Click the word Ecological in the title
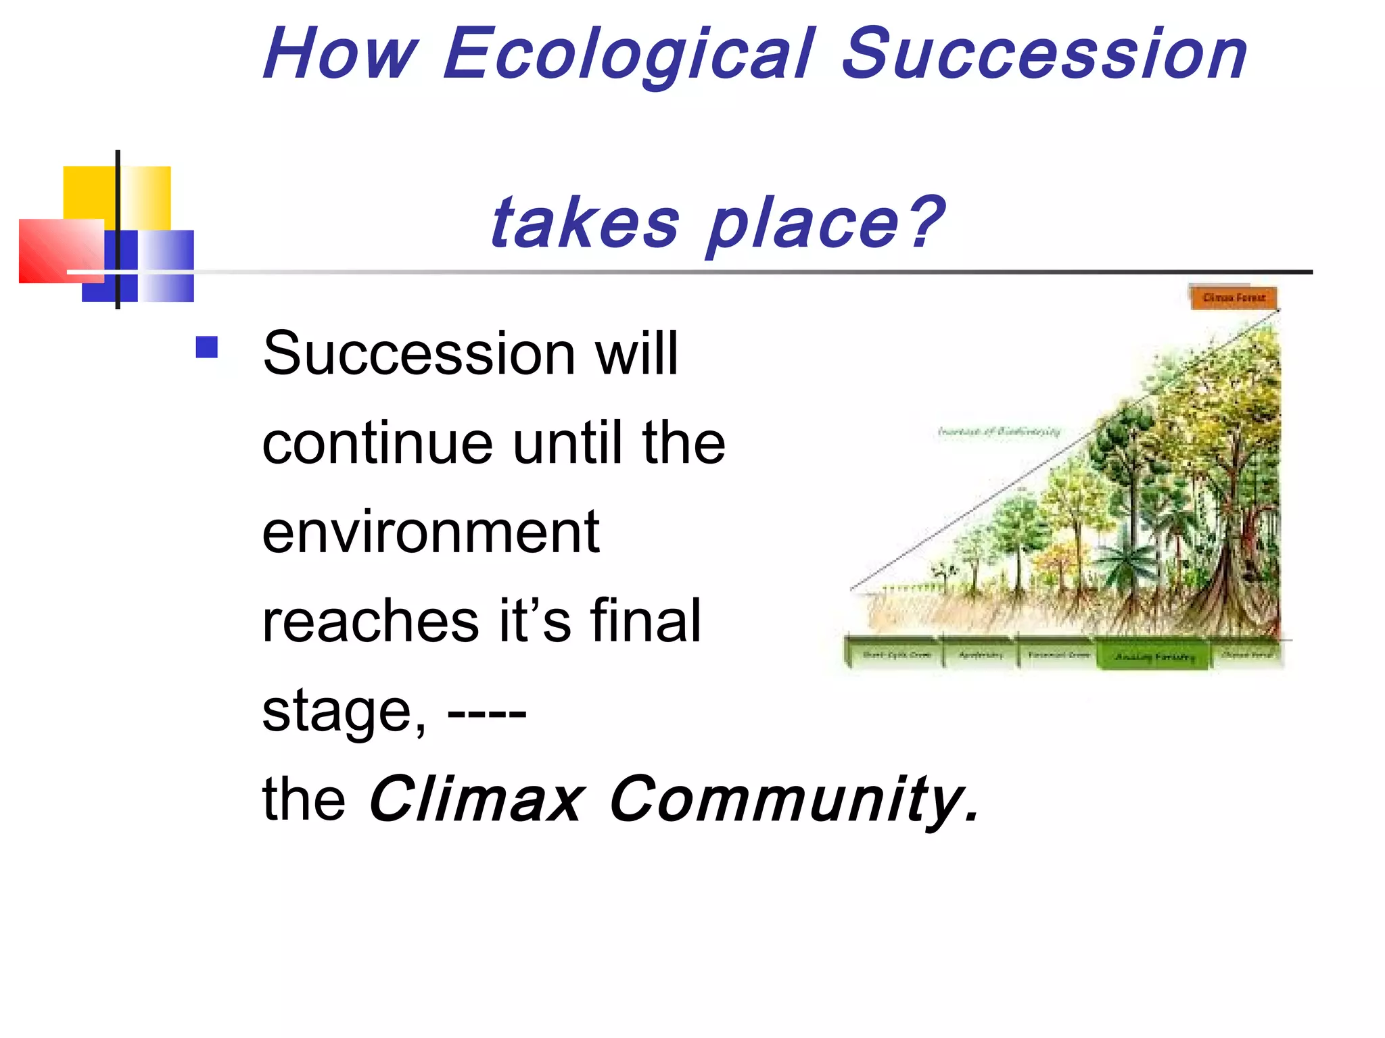pos(629,54)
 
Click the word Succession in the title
pos(1045,54)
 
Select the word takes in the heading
pos(585,223)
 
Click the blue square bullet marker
pos(207,347)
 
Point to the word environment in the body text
pos(431,532)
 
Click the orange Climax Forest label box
pos(1234,297)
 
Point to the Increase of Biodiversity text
pos(999,431)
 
